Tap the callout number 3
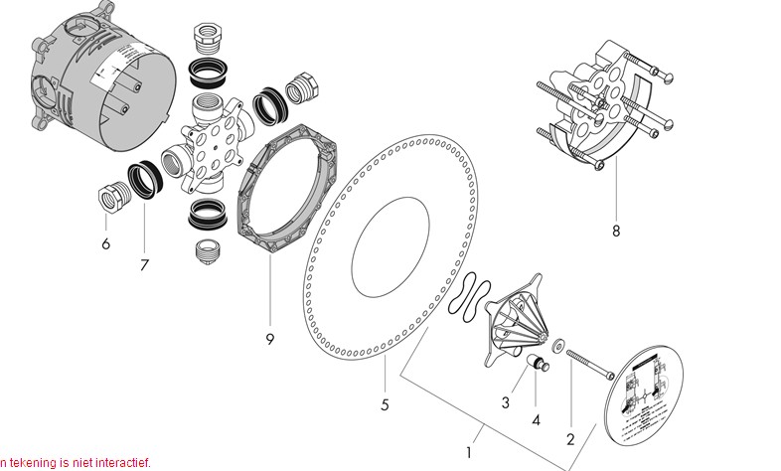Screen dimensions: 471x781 (506, 402)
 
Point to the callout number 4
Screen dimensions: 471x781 (536, 420)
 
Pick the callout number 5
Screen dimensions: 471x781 (385, 404)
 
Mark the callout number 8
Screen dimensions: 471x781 (615, 232)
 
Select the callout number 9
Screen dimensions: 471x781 (269, 339)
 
